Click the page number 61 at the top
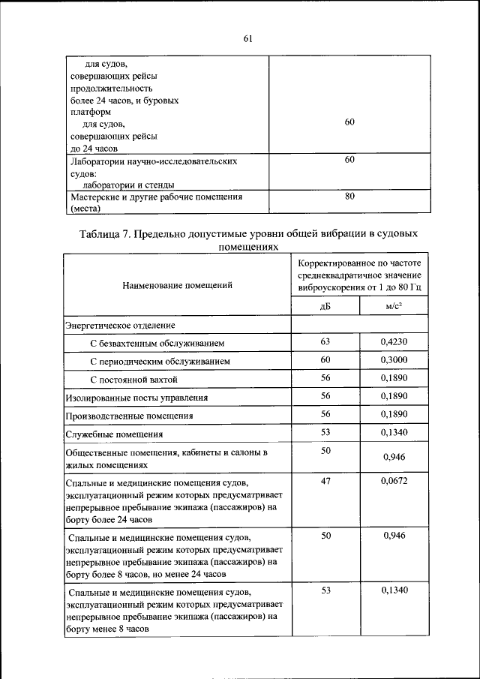click(x=247, y=40)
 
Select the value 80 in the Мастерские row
click(x=349, y=197)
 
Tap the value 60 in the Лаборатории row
click(x=349, y=160)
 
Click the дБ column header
click(x=325, y=306)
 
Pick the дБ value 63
click(x=325, y=342)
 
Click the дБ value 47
click(x=325, y=481)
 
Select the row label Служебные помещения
click(x=114, y=434)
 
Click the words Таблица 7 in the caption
click(x=106, y=234)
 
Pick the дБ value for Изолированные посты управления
click(x=325, y=396)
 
